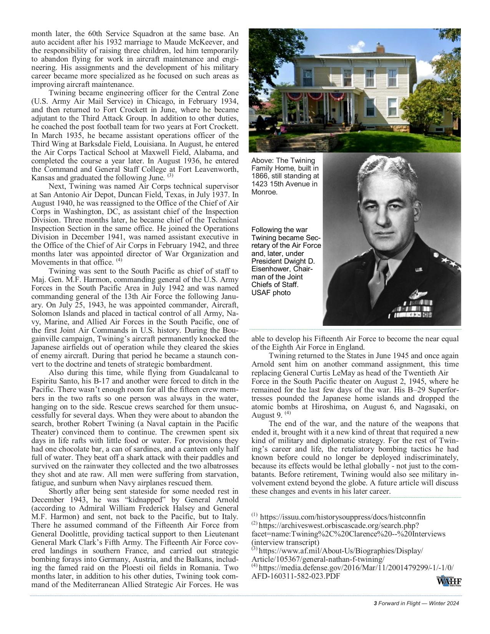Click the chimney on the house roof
pyautogui.click(x=380, y=48)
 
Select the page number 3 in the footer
pyautogui.click(x=375, y=603)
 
